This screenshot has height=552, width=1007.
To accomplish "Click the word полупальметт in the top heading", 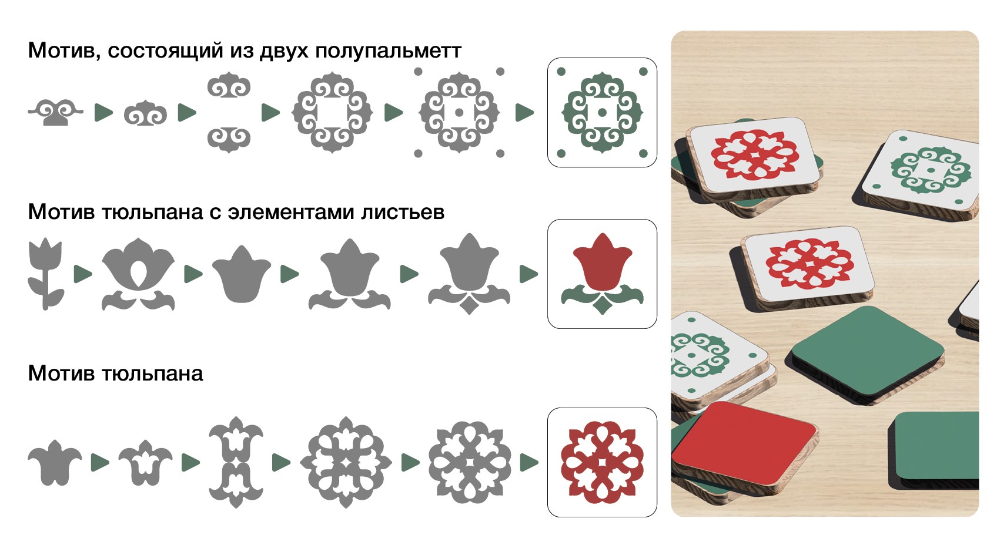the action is pos(388,51).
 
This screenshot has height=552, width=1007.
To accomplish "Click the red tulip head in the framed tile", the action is pos(603,262).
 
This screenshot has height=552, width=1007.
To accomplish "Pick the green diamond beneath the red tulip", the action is pos(603,305).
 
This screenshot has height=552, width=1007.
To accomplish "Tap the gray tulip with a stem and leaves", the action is pos(45,274).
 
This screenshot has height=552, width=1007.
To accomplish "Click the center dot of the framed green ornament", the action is pos(603,112).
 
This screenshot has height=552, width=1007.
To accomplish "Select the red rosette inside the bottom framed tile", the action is pos(602,462).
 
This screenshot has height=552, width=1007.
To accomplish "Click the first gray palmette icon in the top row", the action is pos(55,112).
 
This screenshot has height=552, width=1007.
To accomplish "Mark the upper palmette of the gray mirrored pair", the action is pos(229,85).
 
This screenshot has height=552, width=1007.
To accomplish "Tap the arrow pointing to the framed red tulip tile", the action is pos(528,274).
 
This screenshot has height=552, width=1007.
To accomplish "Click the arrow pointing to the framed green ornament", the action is pos(524,112).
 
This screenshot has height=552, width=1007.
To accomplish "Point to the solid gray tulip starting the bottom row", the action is pos(55,463).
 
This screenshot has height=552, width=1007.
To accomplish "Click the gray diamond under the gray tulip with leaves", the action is pos(469,305).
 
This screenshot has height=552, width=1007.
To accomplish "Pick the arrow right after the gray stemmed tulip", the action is pos(83,274).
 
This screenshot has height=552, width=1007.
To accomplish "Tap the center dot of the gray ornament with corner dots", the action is pos(459,112).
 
